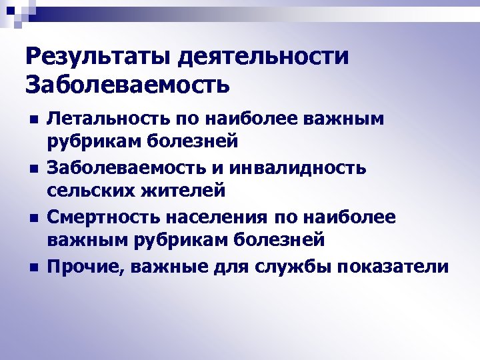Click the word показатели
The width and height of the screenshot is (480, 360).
[393, 267]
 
